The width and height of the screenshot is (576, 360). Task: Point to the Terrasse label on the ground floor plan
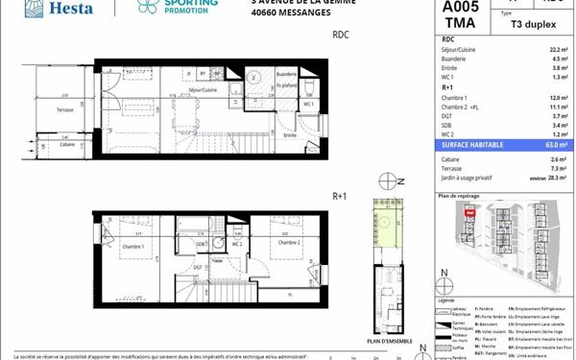click(x=66, y=110)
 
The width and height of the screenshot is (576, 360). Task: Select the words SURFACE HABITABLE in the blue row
click(x=471, y=145)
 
